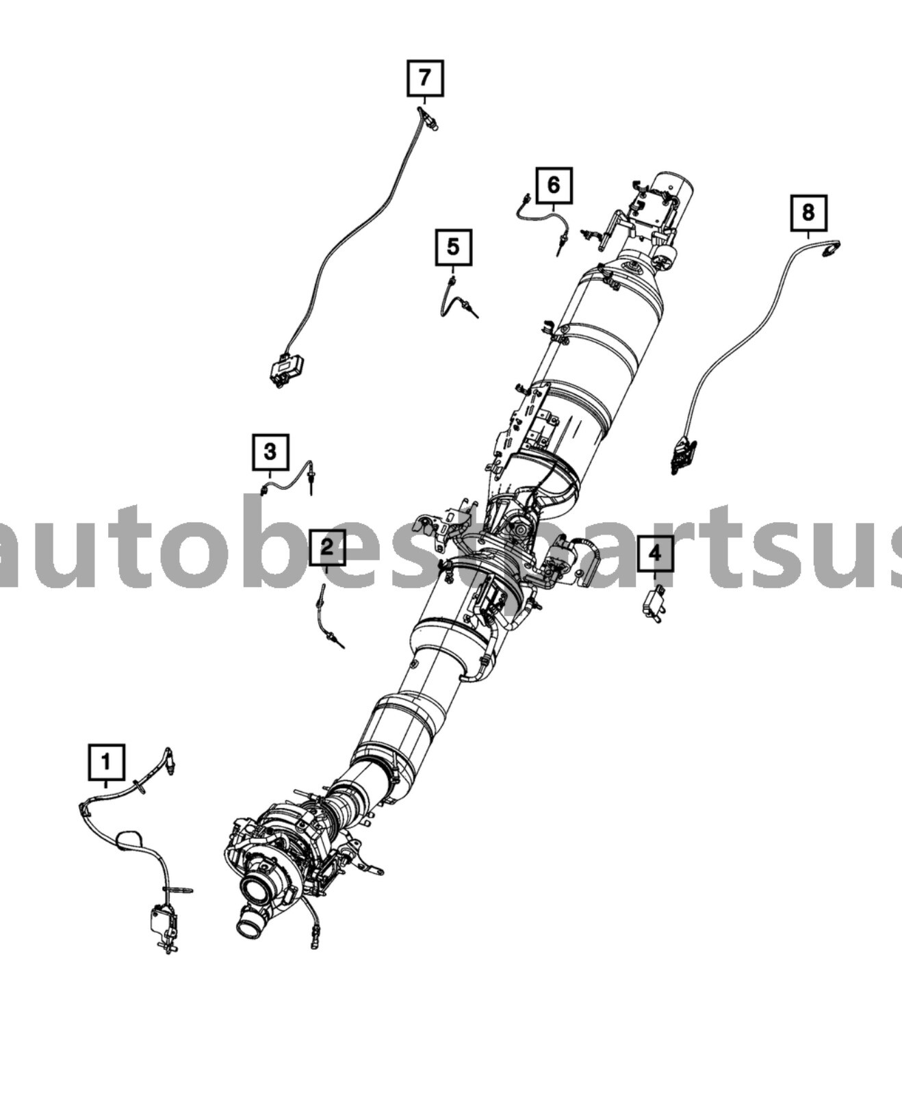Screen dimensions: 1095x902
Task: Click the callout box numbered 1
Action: (106, 762)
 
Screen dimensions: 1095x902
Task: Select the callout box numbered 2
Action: (327, 547)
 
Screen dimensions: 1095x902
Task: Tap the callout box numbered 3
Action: (270, 452)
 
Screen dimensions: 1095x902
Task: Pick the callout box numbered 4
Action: (655, 553)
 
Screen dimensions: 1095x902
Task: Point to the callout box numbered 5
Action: (454, 247)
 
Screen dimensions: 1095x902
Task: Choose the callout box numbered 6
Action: (554, 185)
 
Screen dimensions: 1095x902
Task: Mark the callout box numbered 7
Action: (425, 78)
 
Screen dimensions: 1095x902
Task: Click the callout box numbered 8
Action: (809, 212)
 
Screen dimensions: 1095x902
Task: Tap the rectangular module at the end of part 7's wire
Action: (286, 370)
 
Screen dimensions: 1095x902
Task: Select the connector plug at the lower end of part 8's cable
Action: (683, 454)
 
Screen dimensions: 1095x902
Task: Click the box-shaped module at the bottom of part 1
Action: (163, 921)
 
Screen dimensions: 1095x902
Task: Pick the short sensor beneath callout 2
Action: (329, 616)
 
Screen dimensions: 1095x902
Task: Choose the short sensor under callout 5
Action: (456, 300)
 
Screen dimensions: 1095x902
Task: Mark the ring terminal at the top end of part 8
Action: (832, 250)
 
